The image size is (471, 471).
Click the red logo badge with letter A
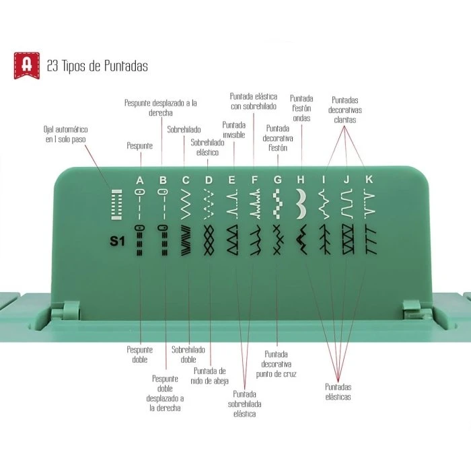(x=27, y=65)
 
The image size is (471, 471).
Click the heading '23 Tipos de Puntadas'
(x=98, y=66)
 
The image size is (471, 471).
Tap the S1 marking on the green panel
(x=117, y=241)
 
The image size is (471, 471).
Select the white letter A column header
(x=140, y=180)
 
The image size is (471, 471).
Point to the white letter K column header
(x=369, y=180)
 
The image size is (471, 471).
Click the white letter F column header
(x=254, y=180)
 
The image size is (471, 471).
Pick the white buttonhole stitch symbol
(x=116, y=205)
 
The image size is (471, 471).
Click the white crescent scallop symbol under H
(x=301, y=204)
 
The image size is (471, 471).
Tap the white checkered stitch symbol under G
(x=278, y=204)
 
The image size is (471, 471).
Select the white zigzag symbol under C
(x=186, y=205)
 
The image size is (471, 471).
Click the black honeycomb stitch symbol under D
(x=209, y=240)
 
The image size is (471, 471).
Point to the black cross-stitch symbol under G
(x=278, y=240)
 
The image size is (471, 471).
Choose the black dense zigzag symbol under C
(x=186, y=240)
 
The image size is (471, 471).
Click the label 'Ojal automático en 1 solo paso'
(x=65, y=135)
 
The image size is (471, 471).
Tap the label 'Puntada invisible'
(x=233, y=130)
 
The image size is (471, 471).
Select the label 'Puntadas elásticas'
(x=338, y=392)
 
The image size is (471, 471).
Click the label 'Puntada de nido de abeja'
(x=210, y=375)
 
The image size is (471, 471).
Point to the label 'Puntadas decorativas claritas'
(x=345, y=110)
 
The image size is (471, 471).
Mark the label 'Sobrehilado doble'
(x=188, y=355)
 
